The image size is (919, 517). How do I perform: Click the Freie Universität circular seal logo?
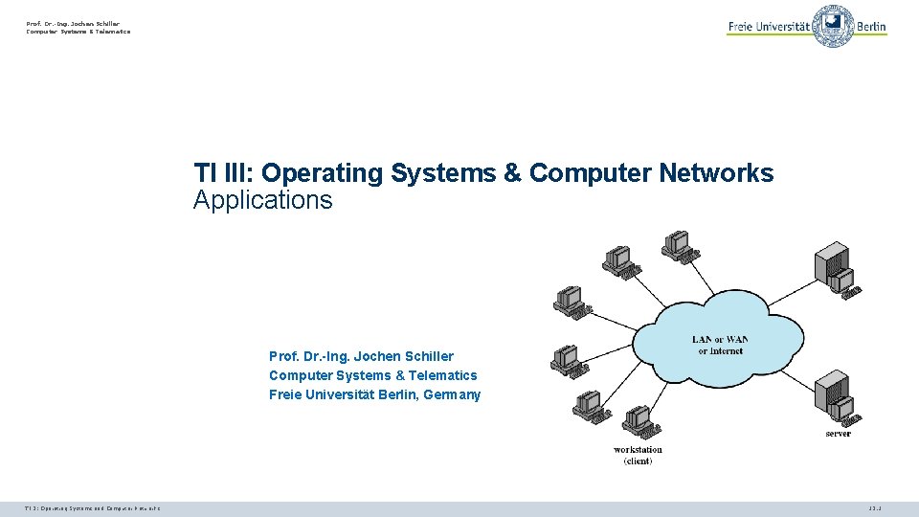833,26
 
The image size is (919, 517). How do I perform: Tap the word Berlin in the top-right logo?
871,27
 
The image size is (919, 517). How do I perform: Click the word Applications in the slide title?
262,200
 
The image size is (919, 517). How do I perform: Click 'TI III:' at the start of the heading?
223,173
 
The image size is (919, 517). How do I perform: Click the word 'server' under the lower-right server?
838,434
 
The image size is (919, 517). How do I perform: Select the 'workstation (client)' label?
638,455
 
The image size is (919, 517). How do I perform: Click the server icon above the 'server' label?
835,397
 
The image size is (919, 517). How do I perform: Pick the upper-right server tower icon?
833,268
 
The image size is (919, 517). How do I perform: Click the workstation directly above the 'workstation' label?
638,421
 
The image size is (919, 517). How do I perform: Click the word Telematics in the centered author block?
442,375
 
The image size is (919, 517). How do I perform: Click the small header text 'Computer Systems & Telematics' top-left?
78,32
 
